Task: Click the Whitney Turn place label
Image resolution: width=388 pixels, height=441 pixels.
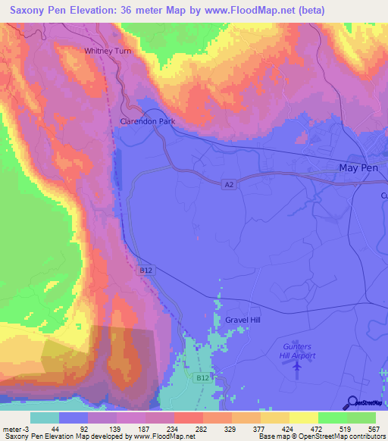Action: click(108, 51)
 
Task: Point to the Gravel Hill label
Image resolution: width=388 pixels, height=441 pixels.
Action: click(242, 321)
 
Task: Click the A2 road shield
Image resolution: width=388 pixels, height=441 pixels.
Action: click(228, 184)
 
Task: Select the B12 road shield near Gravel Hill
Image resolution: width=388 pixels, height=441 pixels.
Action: click(201, 377)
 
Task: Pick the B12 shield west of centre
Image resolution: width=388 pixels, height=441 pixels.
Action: click(145, 270)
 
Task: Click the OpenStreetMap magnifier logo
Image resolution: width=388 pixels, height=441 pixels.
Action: click(352, 403)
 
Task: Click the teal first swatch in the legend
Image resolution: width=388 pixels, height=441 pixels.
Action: click(45, 418)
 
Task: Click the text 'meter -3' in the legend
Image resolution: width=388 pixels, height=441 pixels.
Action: click(15, 428)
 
